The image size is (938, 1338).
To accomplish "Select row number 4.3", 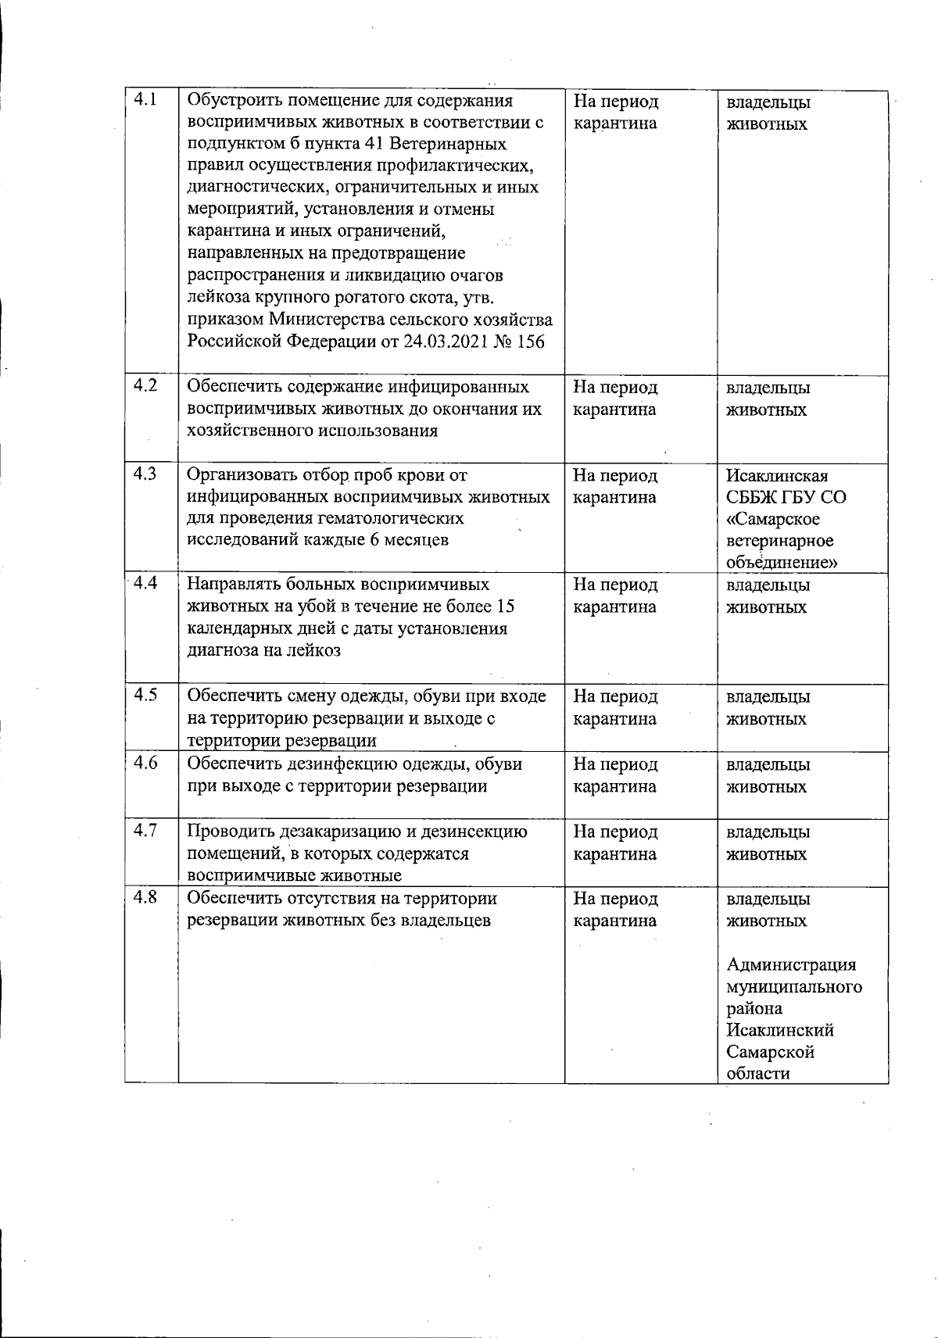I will coord(145,473).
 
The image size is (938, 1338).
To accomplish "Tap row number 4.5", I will coord(145,695).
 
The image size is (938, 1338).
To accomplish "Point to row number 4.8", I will coord(145,897).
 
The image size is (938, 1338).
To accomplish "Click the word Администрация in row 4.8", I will coord(791,964).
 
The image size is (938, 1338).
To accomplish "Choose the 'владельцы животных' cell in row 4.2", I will coord(768,399).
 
